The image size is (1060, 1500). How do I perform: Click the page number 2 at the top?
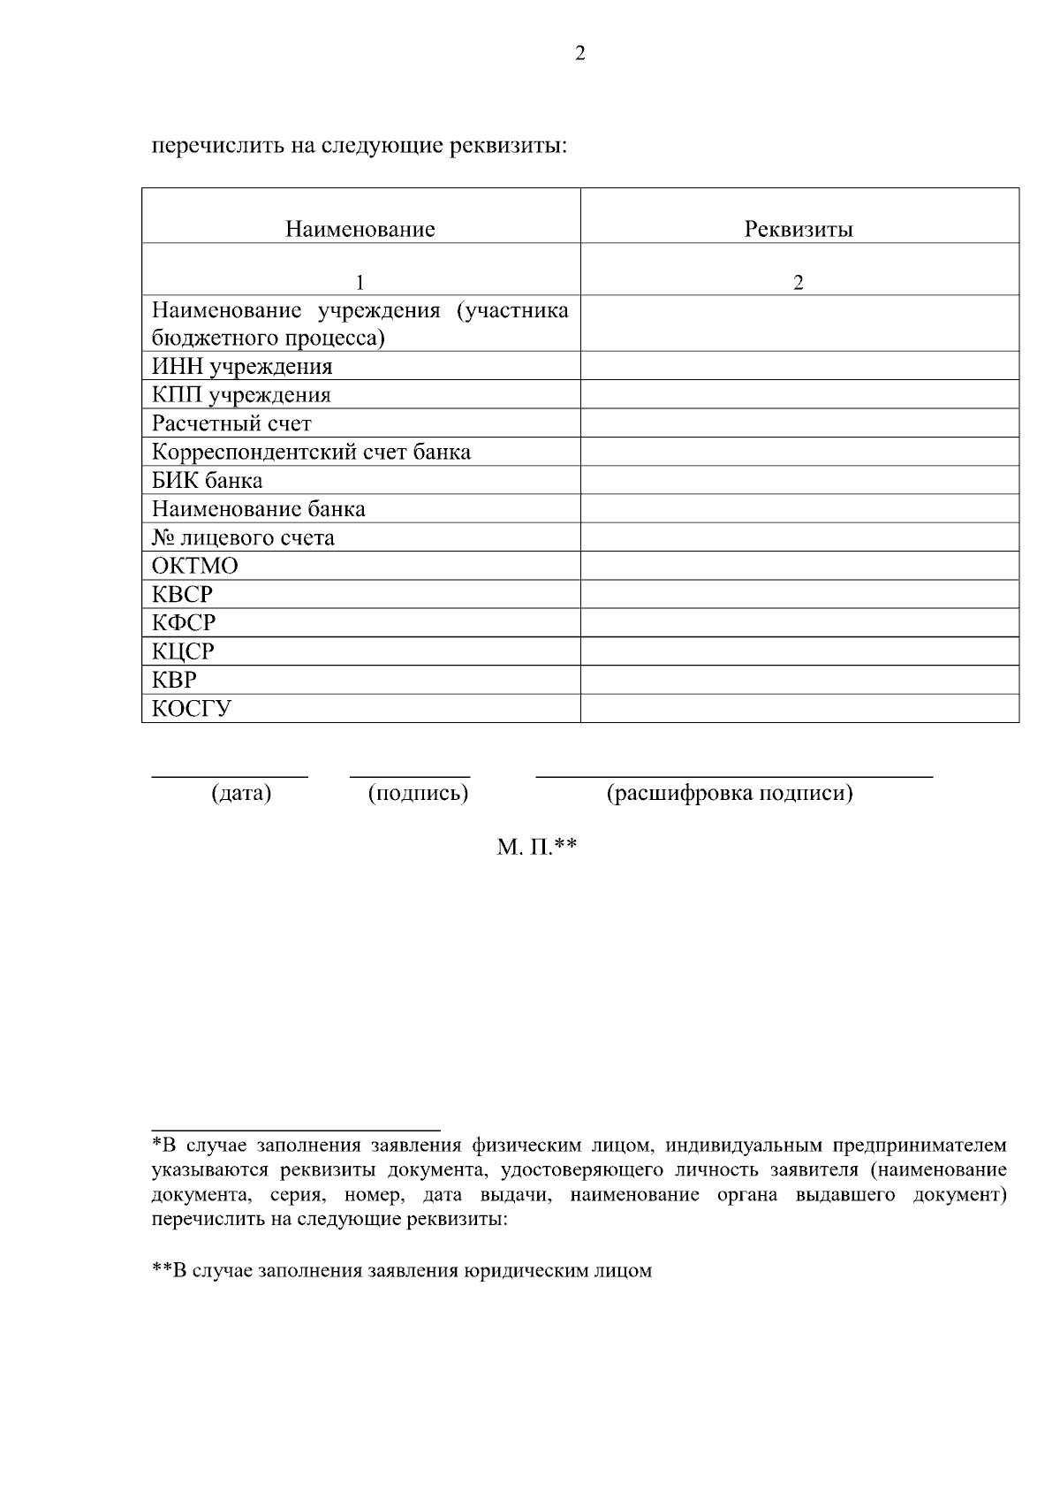point(579,54)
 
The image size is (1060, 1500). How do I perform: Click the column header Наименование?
point(360,230)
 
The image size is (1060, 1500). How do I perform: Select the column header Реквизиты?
point(799,230)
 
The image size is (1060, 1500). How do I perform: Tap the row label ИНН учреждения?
point(242,367)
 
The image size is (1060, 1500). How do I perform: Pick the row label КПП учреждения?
point(241,395)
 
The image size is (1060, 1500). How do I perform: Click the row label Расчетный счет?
point(231,423)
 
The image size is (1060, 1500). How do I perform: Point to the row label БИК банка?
point(207,481)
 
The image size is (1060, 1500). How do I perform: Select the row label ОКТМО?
point(195,566)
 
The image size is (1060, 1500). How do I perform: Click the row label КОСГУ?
point(192,709)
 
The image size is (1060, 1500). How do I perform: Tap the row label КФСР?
point(184,623)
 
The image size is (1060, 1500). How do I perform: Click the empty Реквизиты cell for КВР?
point(799,681)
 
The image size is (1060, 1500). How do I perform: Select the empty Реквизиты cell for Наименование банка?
point(799,509)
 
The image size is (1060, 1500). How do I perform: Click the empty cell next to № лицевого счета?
point(799,537)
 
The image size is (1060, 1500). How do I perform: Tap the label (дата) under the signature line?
point(241,794)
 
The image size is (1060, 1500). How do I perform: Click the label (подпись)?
point(418,794)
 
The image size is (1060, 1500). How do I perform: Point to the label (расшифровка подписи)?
point(730,794)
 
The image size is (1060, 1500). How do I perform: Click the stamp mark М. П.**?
point(536,848)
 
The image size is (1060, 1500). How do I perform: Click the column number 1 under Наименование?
point(360,283)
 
